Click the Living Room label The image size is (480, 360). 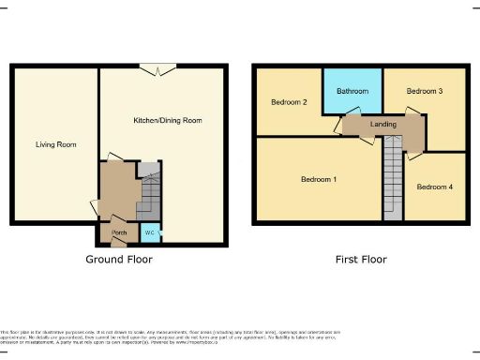pos(55,144)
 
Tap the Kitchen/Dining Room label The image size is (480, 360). pos(167,121)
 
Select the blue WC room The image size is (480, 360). pos(149,232)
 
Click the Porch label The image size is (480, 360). pos(119,232)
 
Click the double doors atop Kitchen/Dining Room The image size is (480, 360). pos(157,68)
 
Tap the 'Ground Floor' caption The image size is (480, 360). pos(119,259)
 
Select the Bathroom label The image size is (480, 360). pos(352,92)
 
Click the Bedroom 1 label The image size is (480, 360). pos(320,179)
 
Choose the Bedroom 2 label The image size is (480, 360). pos(288,102)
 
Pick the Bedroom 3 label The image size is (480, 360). pos(424,91)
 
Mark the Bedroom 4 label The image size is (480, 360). pos(434,187)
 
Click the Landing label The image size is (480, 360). pos(382,124)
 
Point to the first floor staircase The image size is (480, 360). pos(392,178)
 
